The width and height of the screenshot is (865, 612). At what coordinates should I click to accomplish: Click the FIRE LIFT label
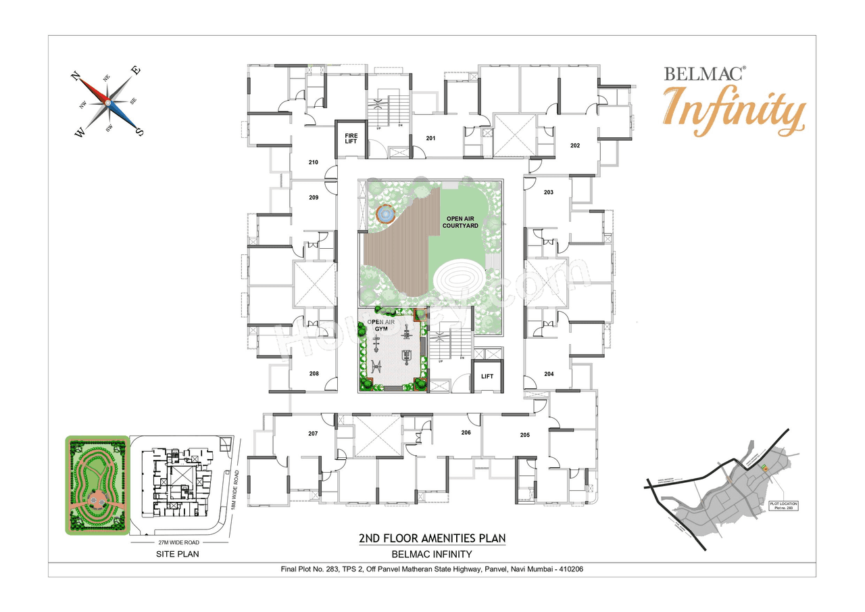351,138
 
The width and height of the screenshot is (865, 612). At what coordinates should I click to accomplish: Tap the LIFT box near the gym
487,377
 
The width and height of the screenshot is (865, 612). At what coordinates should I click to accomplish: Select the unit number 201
430,139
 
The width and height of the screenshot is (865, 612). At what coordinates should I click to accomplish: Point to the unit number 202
575,145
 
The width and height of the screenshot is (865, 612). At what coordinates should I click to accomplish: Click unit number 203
548,192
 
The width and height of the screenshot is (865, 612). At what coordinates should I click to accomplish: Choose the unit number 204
549,374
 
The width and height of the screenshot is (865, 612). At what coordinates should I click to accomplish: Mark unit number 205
525,435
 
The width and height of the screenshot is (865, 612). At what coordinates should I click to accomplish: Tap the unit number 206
466,432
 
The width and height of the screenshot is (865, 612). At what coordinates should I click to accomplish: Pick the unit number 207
313,433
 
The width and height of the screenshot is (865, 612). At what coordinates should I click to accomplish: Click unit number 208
314,373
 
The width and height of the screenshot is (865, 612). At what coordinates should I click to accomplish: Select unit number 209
313,197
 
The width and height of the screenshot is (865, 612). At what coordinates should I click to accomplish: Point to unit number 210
313,162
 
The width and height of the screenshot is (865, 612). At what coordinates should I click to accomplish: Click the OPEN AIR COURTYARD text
462,222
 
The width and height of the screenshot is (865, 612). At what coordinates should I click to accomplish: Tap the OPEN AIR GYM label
380,325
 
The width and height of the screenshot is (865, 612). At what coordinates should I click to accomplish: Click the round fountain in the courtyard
385,214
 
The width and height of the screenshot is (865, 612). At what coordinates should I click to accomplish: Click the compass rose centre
107,102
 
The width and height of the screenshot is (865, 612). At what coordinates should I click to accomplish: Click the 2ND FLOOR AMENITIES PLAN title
432,538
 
